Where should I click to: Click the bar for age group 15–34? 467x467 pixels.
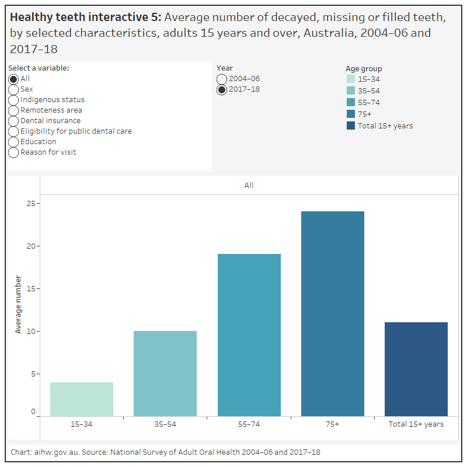(x=82, y=399)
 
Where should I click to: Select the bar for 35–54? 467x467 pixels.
(x=165, y=374)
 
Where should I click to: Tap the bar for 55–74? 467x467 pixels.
(x=249, y=335)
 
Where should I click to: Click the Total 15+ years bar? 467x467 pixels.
(x=416, y=369)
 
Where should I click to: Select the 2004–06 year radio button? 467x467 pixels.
(x=222, y=79)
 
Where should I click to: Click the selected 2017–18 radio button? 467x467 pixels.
(x=222, y=89)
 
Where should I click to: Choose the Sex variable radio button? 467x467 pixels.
(x=13, y=89)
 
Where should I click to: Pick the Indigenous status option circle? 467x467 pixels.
(x=13, y=100)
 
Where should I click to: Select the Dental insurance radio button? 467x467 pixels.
(x=13, y=121)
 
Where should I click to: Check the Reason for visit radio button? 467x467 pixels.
(x=13, y=152)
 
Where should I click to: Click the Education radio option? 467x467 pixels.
(x=13, y=142)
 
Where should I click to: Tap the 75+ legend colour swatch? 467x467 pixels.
(x=350, y=114)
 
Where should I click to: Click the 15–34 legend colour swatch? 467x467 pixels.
(x=350, y=79)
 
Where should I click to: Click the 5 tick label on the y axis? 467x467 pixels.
(x=33, y=374)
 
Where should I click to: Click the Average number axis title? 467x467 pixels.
(x=18, y=305)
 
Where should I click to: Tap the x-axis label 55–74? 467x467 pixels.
(x=249, y=424)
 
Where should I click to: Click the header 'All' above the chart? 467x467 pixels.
(x=249, y=186)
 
